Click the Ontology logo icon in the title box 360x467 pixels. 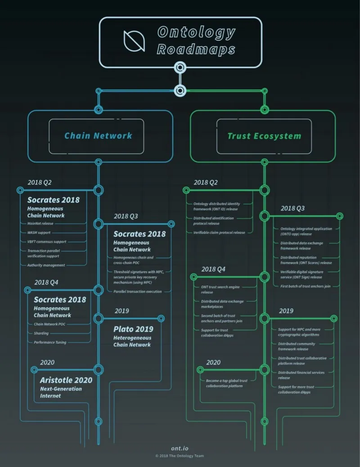pos(134,41)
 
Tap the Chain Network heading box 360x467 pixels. pos(98,136)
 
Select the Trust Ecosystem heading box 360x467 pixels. pos(264,136)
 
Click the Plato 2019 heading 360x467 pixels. pos(133,329)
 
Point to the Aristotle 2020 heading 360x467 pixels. pos(66,380)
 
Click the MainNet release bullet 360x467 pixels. pos(40,224)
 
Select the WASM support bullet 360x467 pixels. pos(39,233)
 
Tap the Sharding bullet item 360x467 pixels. pos(41,333)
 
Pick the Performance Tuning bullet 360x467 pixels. pos(50,342)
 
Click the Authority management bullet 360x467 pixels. pos(46,265)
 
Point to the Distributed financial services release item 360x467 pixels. pos(301,375)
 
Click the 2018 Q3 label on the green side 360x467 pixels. pos(292,208)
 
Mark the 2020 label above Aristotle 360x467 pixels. pos(47,362)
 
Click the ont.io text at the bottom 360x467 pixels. pos(180,448)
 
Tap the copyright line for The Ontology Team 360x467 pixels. pos(180,456)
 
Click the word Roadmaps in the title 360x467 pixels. pos(196,49)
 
